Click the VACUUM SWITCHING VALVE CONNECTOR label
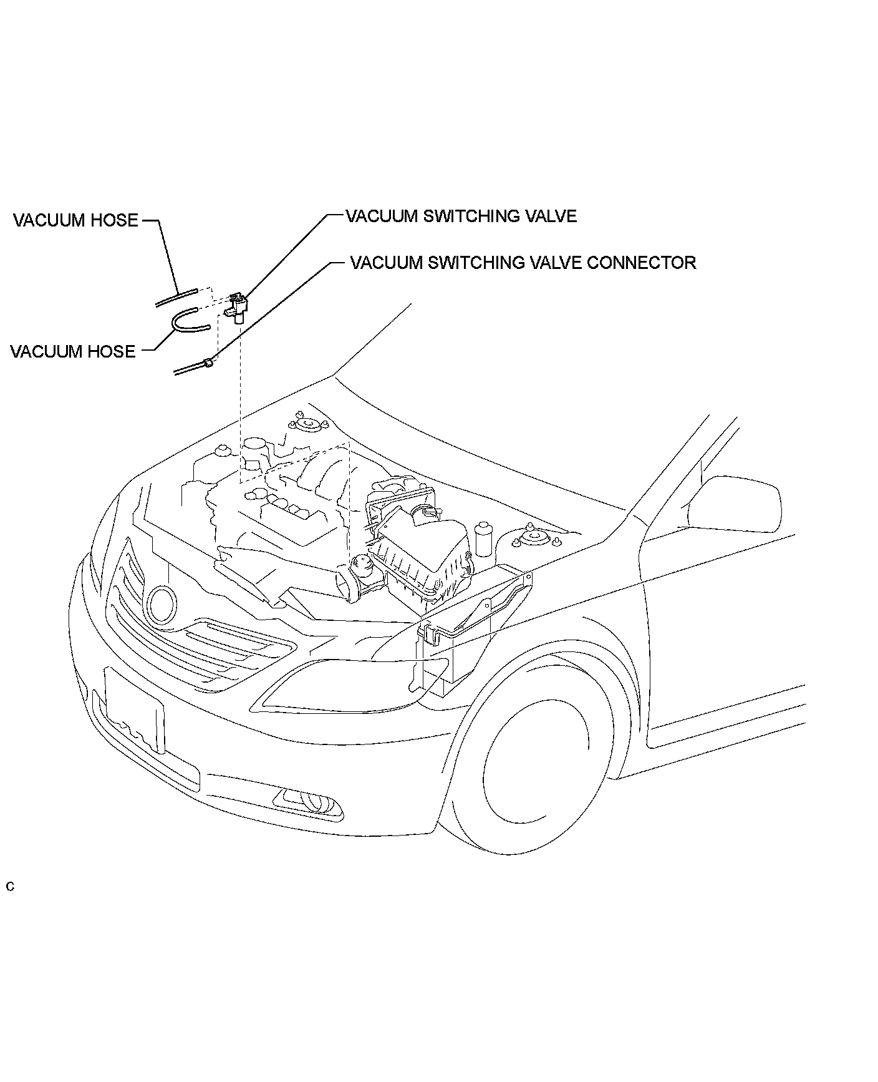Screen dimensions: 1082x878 [x=523, y=262]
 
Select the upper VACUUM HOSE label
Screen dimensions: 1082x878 [x=75, y=220]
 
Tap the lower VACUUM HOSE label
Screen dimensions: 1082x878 [x=72, y=351]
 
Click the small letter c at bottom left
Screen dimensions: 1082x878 [x=10, y=887]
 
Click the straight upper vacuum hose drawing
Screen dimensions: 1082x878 [x=176, y=297]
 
